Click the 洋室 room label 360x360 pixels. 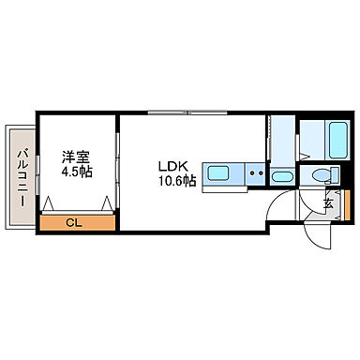tap(78, 157)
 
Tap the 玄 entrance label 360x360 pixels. tap(329, 202)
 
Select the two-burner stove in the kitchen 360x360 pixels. tap(254, 172)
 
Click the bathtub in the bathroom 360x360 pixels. tap(335, 140)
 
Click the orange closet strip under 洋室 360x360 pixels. tap(78, 223)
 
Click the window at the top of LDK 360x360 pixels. tap(187, 112)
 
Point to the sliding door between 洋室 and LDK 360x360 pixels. tap(117, 159)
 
